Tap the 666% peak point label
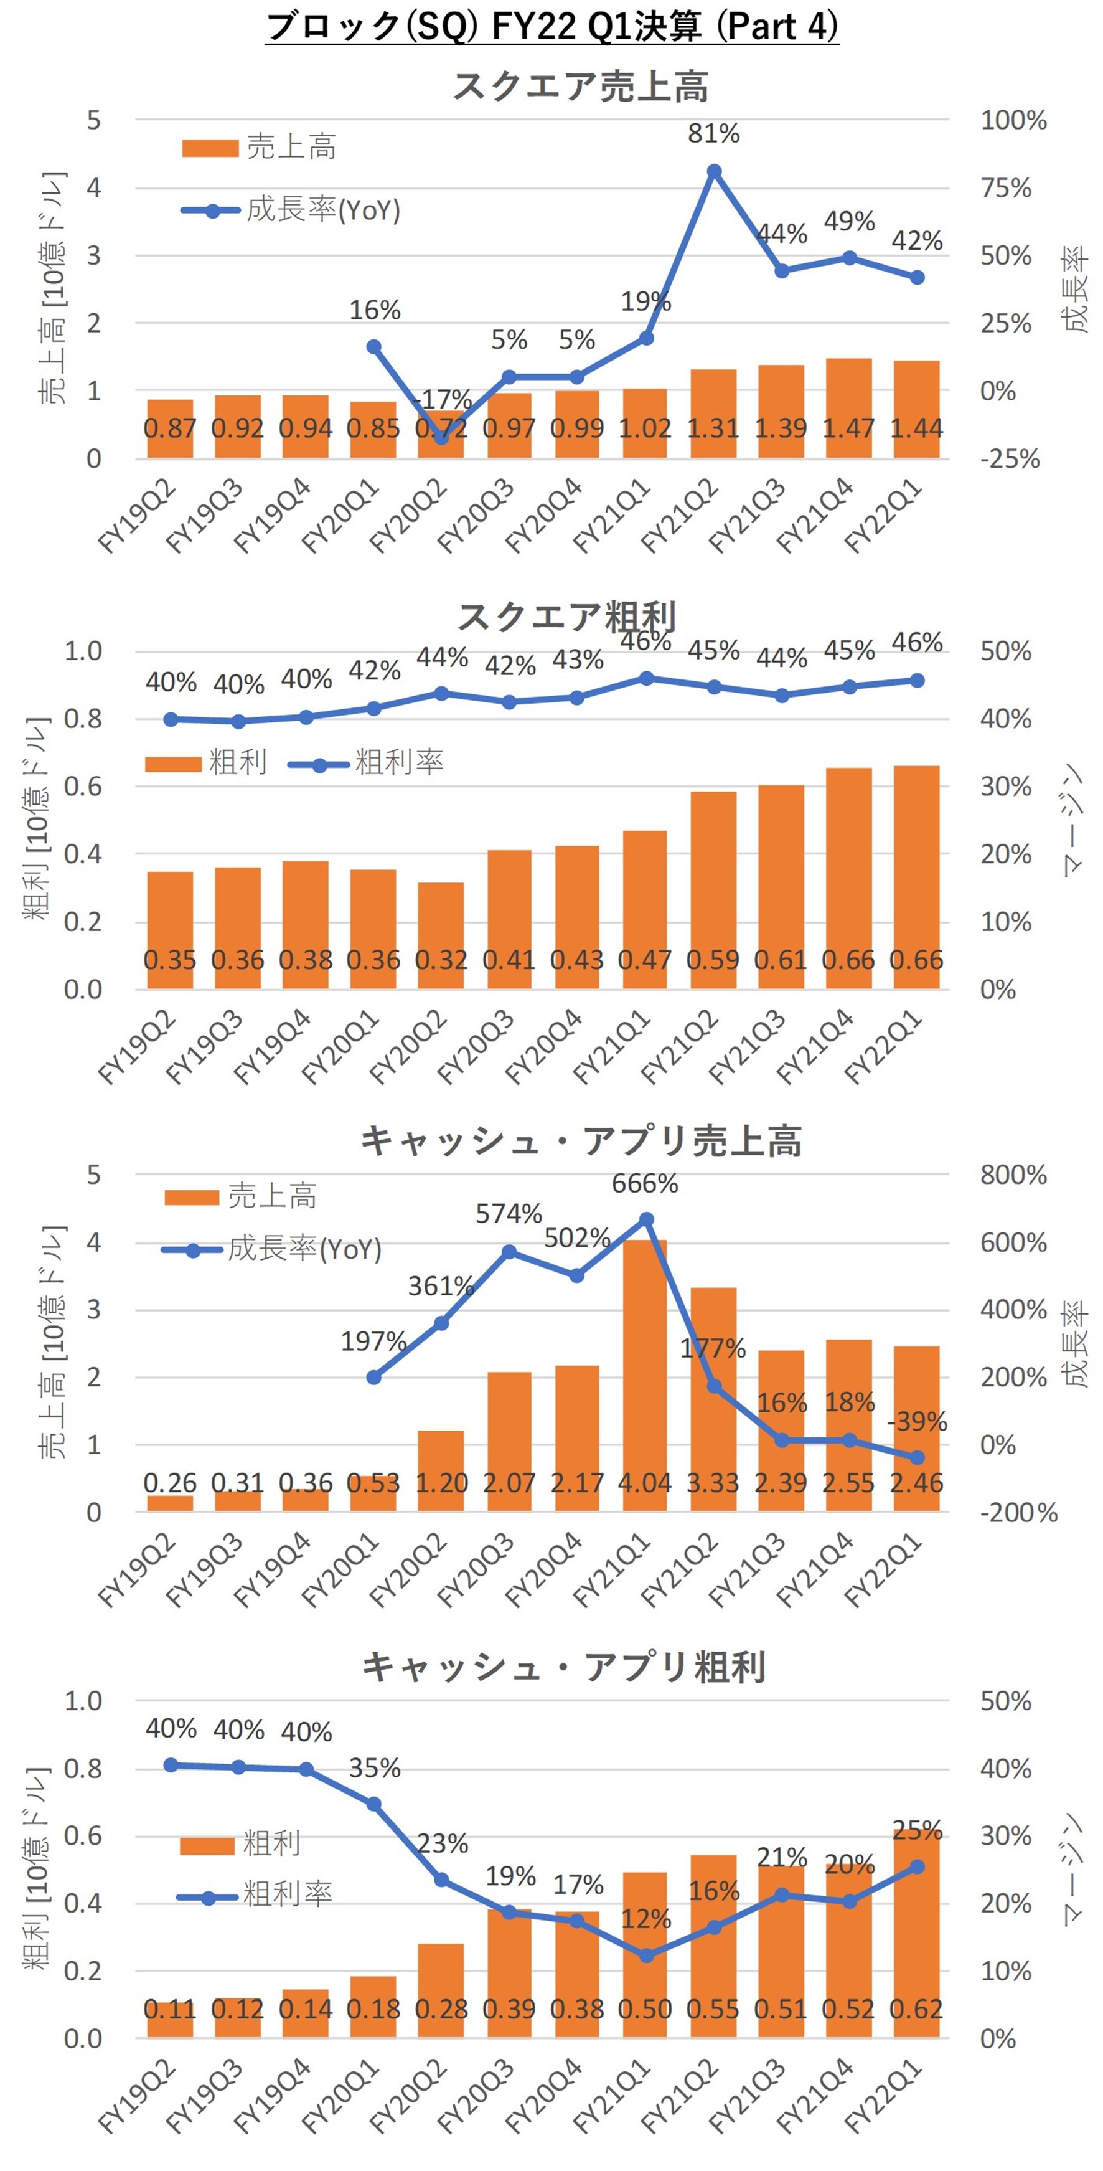645,1183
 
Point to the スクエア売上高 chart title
581,86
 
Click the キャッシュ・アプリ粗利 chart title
564,1667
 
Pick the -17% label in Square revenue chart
443,398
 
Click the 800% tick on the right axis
1013,1174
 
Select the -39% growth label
917,1422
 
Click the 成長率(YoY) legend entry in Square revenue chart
322,210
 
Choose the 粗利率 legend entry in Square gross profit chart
398,763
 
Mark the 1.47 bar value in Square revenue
848,428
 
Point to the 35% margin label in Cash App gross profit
374,1768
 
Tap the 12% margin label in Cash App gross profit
645,1920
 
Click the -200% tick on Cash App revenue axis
1018,1512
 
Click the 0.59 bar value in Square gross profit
713,960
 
